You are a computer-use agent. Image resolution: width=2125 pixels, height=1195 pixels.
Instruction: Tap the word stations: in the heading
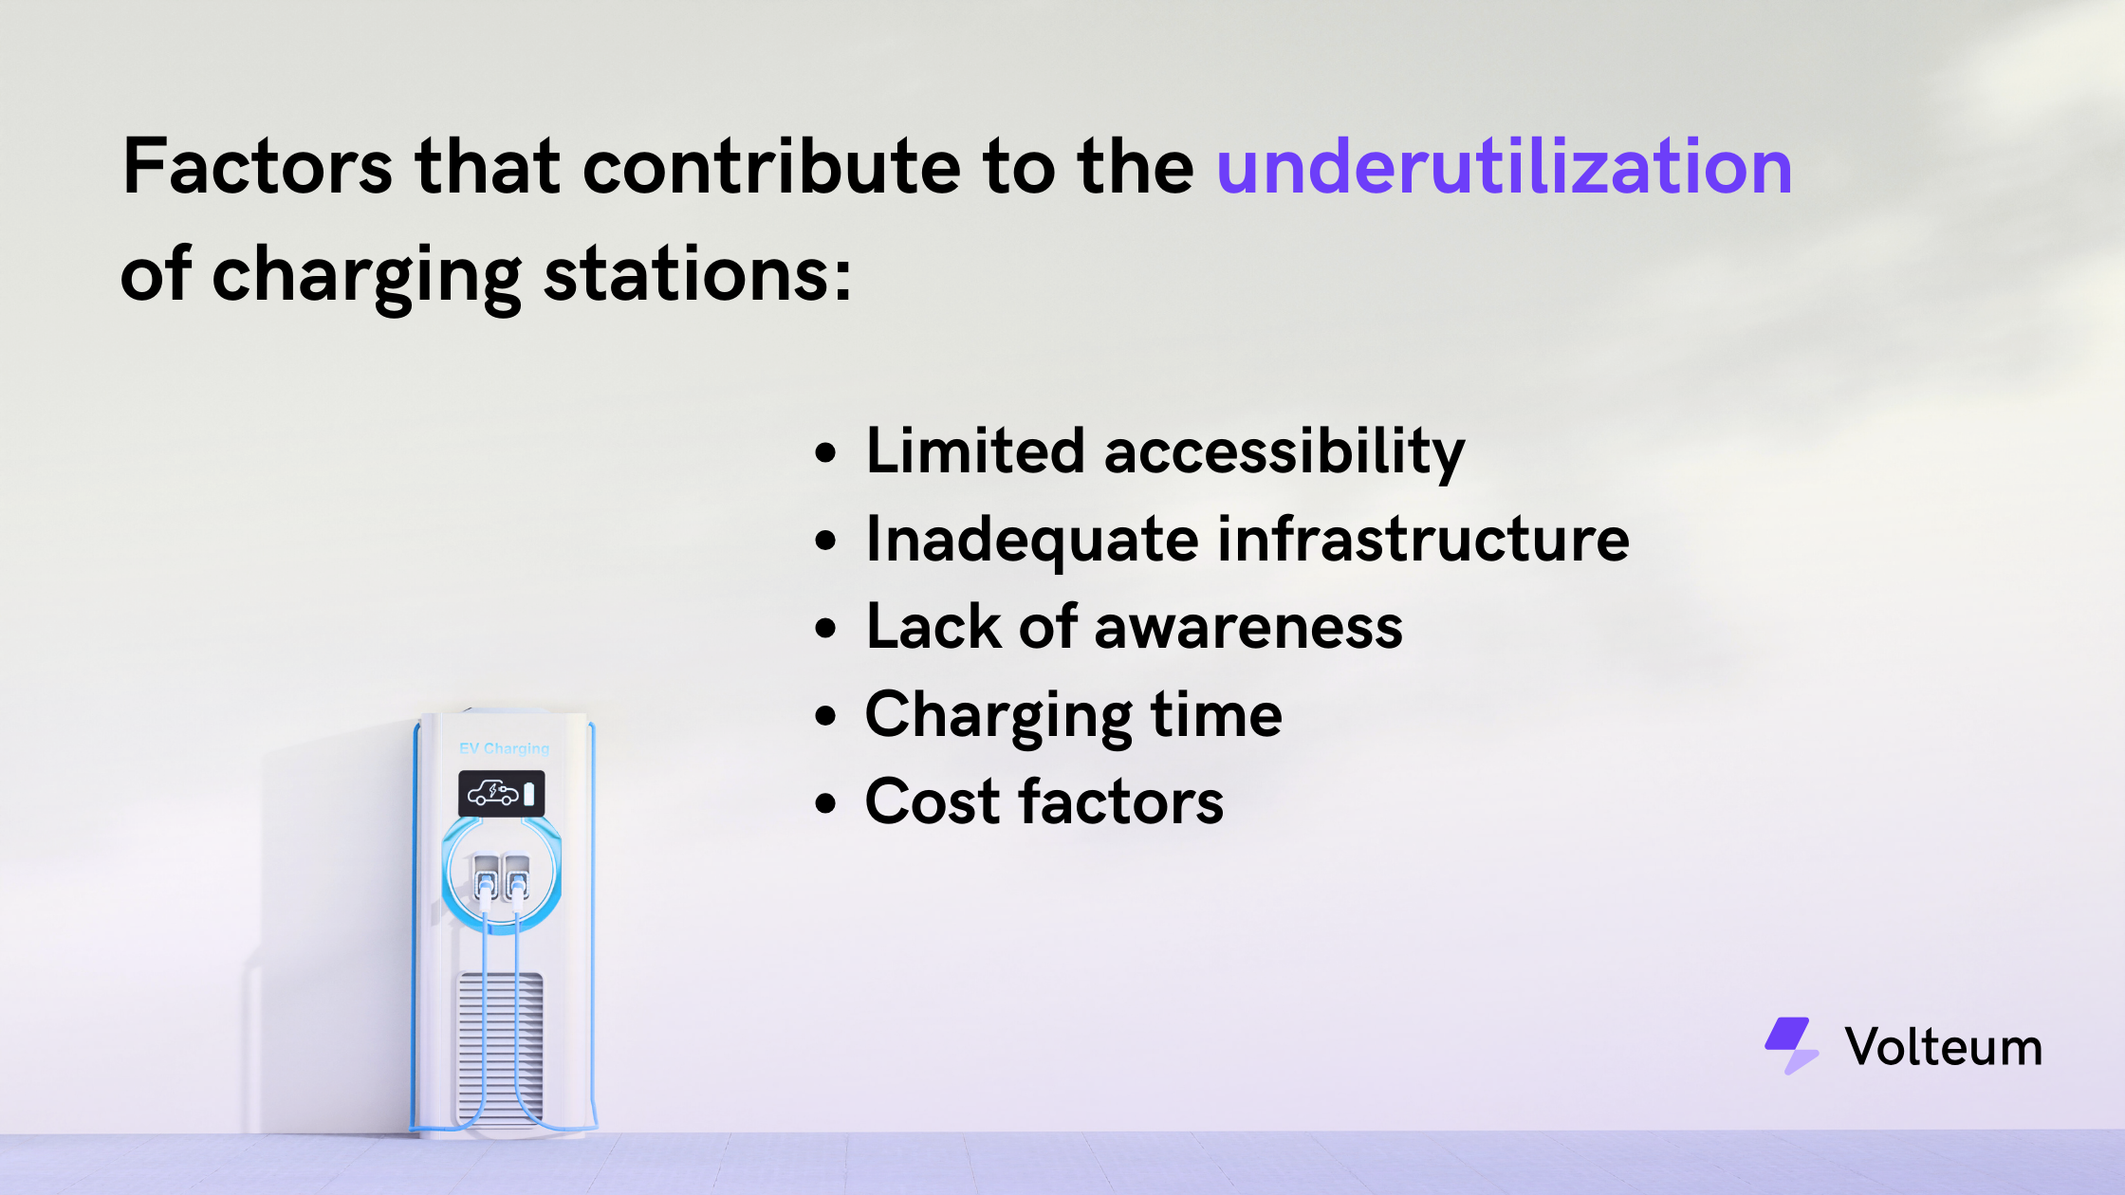(x=698, y=275)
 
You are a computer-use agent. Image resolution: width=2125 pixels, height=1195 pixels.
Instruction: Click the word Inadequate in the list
(x=1032, y=541)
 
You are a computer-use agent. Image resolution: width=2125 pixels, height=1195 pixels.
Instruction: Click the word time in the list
(x=1216, y=714)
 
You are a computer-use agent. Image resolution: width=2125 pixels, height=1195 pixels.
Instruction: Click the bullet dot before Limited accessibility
(x=826, y=453)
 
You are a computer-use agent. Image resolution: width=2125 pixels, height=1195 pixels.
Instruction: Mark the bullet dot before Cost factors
(x=826, y=804)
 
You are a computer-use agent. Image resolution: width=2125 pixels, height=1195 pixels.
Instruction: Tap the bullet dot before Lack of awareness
(x=826, y=629)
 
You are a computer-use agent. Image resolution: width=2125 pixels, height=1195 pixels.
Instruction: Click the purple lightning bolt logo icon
(x=1791, y=1045)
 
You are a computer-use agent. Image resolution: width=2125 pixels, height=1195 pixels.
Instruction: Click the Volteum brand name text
(x=1944, y=1047)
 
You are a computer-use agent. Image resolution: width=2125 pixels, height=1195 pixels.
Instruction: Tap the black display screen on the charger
(x=502, y=794)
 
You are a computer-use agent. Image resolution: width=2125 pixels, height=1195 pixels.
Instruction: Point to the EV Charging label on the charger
(x=504, y=748)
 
